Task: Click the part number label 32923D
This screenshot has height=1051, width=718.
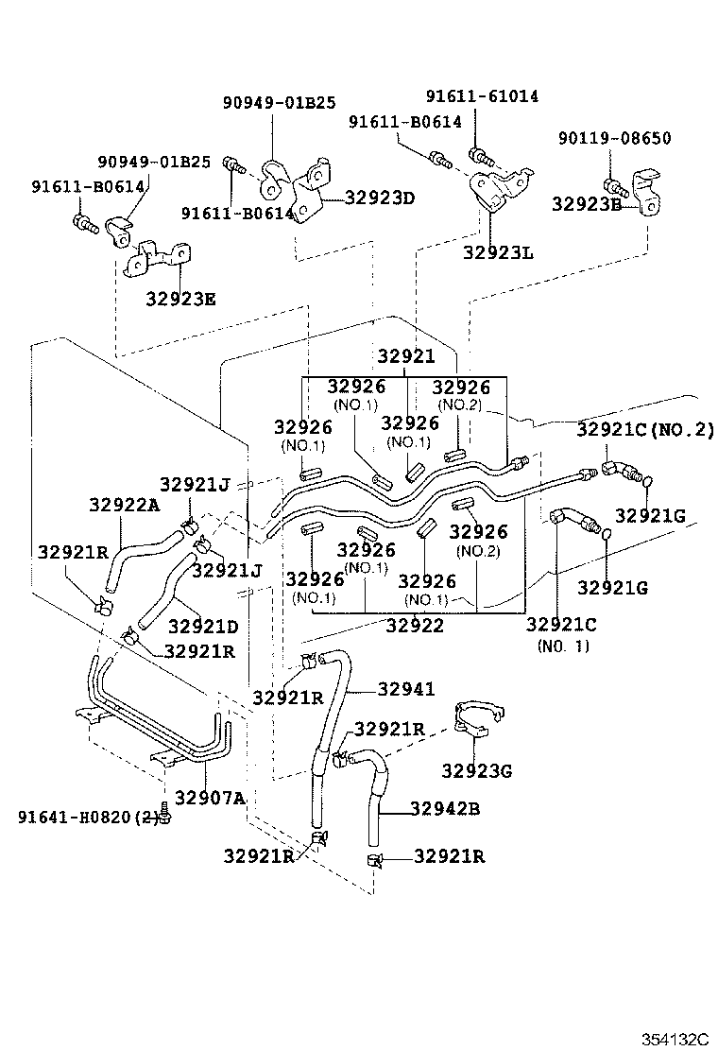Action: [380, 198]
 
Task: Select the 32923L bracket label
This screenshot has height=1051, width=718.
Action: [498, 252]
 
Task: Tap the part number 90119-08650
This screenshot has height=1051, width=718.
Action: [614, 138]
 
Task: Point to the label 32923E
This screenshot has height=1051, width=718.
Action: [180, 299]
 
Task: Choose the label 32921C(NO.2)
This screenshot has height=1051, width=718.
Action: [645, 429]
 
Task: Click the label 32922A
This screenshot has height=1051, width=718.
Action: [125, 505]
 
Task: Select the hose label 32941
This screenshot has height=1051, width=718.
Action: [406, 689]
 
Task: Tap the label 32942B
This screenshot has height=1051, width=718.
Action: [444, 808]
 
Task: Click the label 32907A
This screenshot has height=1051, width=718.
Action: [210, 798]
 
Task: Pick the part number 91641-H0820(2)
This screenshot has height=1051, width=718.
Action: [87, 816]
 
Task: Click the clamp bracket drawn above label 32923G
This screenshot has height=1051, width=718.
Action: [479, 718]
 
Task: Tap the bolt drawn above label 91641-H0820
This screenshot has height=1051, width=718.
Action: [167, 812]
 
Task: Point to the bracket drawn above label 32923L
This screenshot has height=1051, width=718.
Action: [498, 189]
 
